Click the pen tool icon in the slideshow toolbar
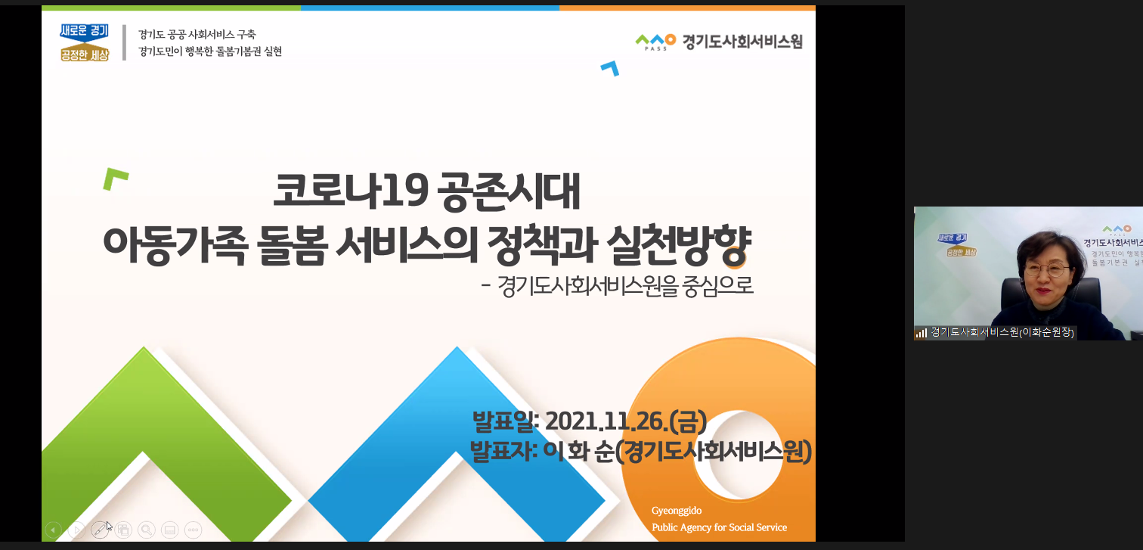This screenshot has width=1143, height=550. click(x=100, y=530)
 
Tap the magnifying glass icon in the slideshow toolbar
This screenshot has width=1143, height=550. click(x=147, y=530)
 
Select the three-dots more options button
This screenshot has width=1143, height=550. click(x=193, y=530)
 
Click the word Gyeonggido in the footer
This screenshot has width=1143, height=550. click(x=676, y=510)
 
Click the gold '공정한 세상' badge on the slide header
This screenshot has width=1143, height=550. click(x=84, y=53)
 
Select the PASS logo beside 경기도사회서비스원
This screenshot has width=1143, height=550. click(x=655, y=42)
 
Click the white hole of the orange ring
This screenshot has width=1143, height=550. click(x=737, y=455)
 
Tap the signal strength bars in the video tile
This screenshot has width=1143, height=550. click(x=921, y=333)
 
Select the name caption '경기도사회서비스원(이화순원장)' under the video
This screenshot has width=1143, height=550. click(x=1002, y=332)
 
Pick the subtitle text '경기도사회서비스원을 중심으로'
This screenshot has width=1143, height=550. click(x=624, y=286)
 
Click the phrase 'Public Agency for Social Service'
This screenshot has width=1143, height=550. click(x=719, y=527)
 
